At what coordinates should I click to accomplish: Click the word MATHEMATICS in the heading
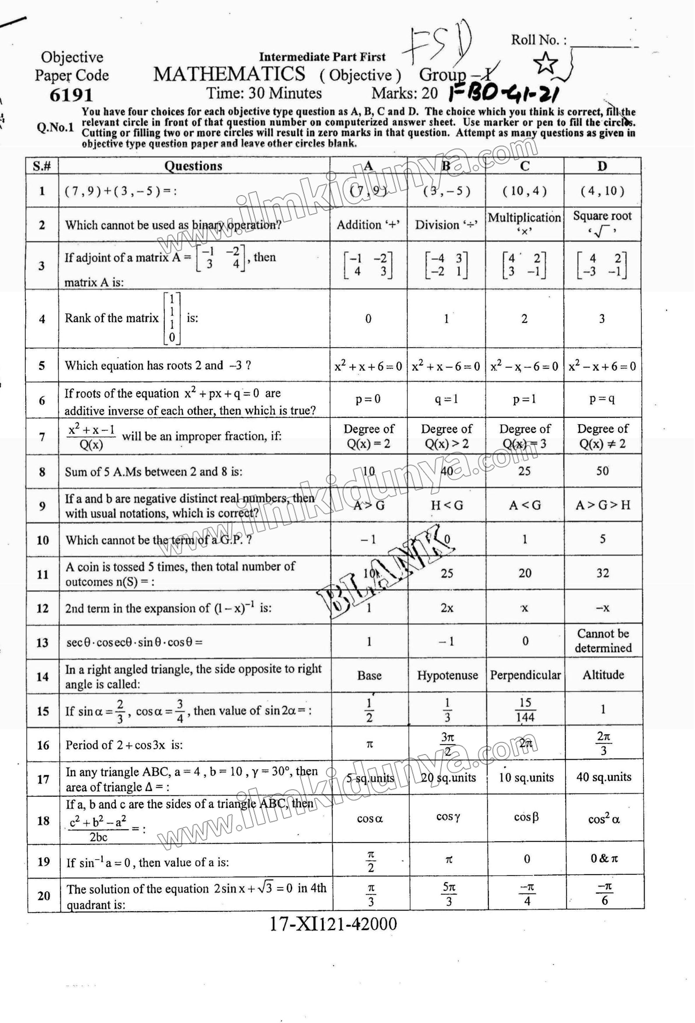point(229,74)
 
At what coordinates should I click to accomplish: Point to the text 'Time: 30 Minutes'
point(264,93)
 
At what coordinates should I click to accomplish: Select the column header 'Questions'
point(193,166)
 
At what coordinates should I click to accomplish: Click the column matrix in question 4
point(172,318)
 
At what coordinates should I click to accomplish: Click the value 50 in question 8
point(602,471)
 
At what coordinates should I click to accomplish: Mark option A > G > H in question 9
point(603,505)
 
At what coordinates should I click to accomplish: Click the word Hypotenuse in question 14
point(447,675)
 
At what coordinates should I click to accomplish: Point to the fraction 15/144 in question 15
point(525,710)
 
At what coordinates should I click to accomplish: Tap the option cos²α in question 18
point(603,819)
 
